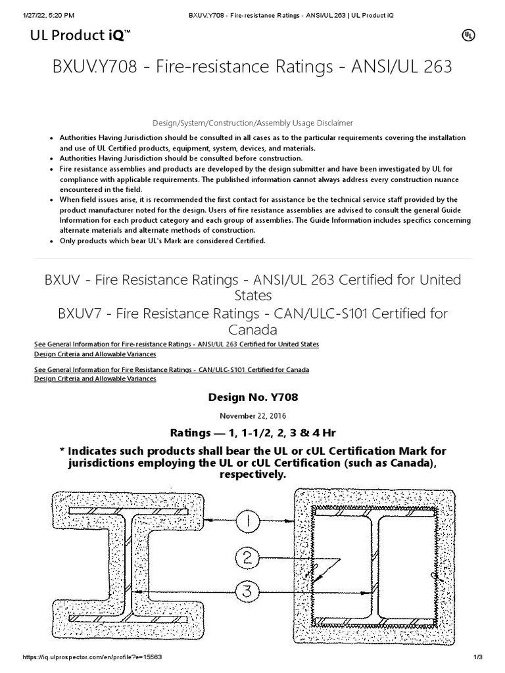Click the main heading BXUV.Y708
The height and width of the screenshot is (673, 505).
pyautogui.click(x=252, y=67)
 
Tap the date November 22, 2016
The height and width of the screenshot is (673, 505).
pyautogui.click(x=252, y=415)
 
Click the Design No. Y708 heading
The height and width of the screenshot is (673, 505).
pyautogui.click(x=252, y=398)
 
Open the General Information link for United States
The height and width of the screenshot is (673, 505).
pyautogui.click(x=176, y=344)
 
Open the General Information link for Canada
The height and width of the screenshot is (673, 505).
pyautogui.click(x=171, y=369)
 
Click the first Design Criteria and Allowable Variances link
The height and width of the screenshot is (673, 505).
pyautogui.click(x=95, y=354)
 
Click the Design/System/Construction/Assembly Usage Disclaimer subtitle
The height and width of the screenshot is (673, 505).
pyautogui.click(x=252, y=123)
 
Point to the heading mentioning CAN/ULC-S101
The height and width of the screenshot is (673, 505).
pyautogui.click(x=252, y=321)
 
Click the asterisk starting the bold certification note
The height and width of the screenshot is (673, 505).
pyautogui.click(x=62, y=452)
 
